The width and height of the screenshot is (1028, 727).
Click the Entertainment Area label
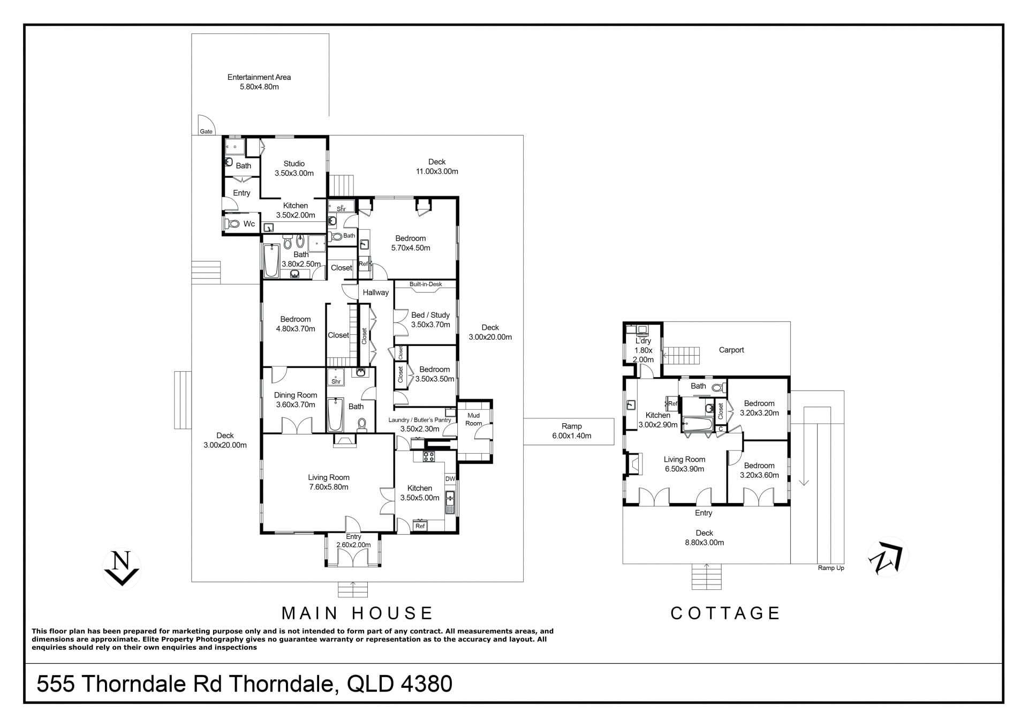coord(259,82)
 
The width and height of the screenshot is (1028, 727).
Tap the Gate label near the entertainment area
coord(206,131)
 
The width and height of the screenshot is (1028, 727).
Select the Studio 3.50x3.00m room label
coord(294,168)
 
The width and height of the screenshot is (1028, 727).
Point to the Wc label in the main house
coord(249,224)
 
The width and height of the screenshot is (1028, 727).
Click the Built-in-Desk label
coord(426,284)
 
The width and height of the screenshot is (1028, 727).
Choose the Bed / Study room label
coord(430,320)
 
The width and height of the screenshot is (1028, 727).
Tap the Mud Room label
coord(473,419)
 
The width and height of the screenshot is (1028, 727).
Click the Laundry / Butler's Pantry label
coord(420,424)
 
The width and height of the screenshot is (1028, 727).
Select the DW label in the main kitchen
coord(450,479)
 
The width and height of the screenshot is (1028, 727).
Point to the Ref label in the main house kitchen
coord(420,526)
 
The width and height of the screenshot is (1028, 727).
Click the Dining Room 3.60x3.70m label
coord(296,400)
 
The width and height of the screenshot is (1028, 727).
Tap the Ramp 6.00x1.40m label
coord(571,431)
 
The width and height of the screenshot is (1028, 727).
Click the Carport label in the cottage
coord(731,350)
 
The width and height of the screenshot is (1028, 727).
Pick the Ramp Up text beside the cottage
coord(830,568)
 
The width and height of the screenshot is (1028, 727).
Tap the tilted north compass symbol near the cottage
coord(888,558)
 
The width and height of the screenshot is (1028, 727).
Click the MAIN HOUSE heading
coord(357,613)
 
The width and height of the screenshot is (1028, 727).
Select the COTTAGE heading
coord(725,613)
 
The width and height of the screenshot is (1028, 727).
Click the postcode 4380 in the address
coord(425,684)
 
